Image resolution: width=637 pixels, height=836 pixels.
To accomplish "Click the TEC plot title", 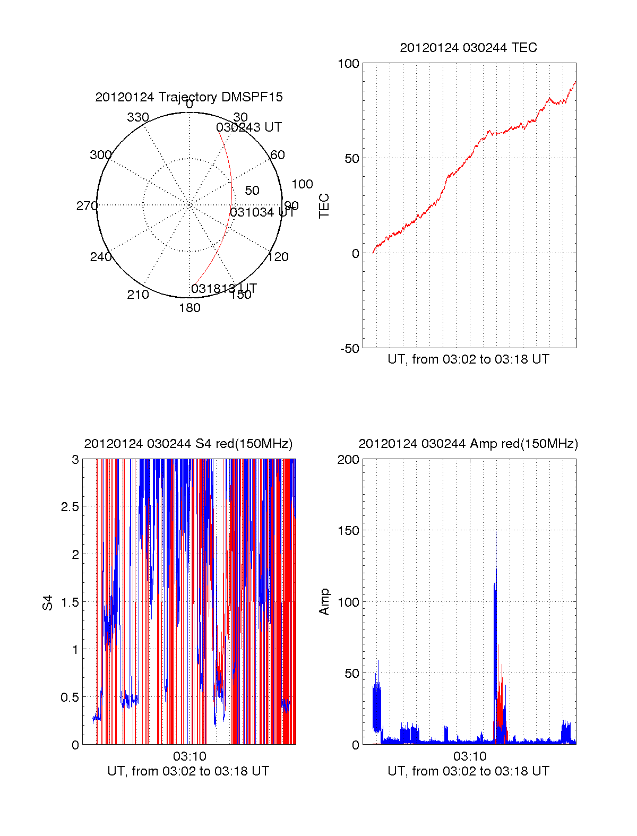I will tap(468, 48).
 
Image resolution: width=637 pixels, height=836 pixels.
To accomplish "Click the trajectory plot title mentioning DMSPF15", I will tap(189, 97).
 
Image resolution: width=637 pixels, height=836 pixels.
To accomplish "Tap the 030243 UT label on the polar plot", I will tap(248, 127).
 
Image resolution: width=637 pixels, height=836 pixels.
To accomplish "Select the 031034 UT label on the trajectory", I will tap(262, 212).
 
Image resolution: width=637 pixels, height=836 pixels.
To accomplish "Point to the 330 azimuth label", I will tap(138, 117).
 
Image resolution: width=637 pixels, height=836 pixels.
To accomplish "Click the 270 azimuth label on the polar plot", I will tap(87, 206).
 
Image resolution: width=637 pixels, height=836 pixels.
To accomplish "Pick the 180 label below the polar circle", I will tap(190, 308).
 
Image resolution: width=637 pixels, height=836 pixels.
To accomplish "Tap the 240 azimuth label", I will tap(100, 257).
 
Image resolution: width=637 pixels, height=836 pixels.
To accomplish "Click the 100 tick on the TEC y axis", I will tap(348, 64).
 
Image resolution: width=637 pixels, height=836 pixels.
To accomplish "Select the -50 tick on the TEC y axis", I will tap(349, 349).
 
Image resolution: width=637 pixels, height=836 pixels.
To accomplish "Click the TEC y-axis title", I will tap(324, 206).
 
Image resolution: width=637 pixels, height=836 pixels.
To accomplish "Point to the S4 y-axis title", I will tap(48, 602).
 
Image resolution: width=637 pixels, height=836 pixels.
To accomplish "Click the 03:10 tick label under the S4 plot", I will tap(190, 756).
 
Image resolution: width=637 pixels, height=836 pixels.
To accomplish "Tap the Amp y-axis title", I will tap(324, 601).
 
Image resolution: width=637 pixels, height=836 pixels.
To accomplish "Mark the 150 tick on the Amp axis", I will tap(348, 531).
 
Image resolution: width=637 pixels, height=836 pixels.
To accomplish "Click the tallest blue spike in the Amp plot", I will tap(496, 532).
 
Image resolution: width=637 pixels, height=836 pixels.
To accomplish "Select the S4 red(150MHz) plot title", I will tap(188, 444).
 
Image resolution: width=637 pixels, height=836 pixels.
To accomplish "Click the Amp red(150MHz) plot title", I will tap(468, 444).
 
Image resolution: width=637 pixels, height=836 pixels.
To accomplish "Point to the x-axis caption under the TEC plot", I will tap(468, 359).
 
